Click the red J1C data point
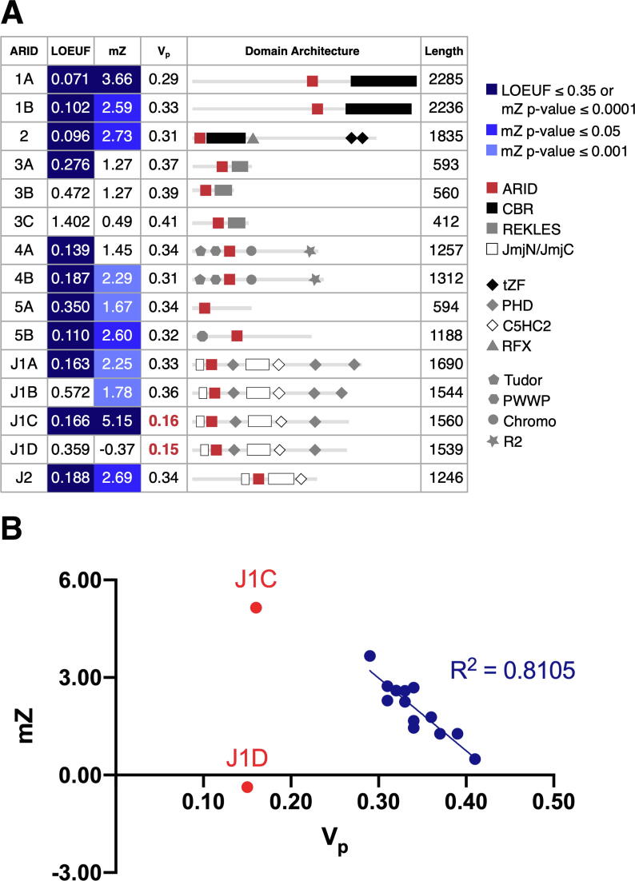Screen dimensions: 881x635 (256, 608)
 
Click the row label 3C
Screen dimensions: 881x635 (24, 221)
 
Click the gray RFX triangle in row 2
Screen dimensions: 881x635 (253, 138)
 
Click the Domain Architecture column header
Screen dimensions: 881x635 (303, 51)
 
